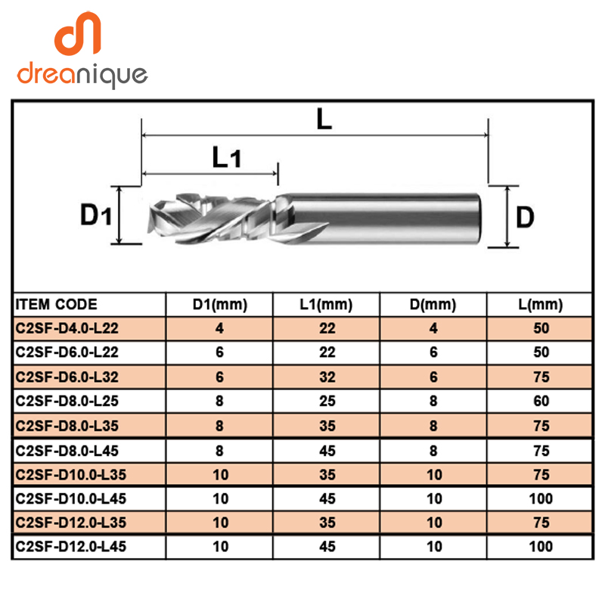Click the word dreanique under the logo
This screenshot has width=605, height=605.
point(82,75)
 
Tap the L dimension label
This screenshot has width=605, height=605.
point(324,119)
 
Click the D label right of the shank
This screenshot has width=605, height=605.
point(525,217)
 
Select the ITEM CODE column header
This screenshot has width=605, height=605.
point(57,305)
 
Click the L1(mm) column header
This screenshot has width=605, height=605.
point(326,305)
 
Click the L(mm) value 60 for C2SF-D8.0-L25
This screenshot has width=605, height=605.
point(541,401)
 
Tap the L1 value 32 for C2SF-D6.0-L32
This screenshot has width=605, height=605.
point(326,377)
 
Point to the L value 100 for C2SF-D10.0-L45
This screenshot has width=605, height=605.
point(541,498)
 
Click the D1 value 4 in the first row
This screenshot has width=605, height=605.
point(219,328)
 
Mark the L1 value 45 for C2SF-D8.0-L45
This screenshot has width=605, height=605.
point(326,450)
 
